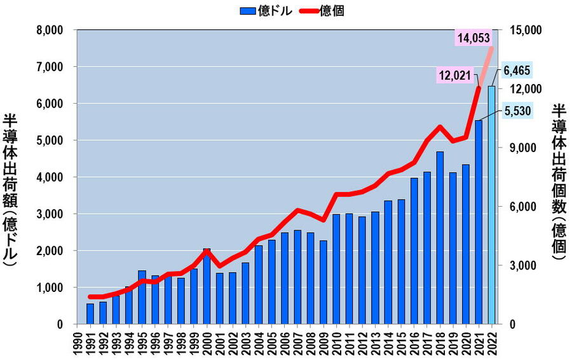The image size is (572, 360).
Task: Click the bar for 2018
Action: coord(440,238)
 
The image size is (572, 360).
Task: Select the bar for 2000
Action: coord(207,286)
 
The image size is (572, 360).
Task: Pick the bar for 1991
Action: coord(90,314)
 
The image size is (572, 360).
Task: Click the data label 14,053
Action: coord(475,38)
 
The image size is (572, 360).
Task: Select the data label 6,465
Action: coord(516,70)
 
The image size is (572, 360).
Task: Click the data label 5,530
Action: coord(516,111)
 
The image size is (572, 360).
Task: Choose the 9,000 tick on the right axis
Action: coord(522,148)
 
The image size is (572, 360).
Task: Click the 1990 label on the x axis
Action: coord(78,343)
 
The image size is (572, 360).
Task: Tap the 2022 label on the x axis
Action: coord(491,343)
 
